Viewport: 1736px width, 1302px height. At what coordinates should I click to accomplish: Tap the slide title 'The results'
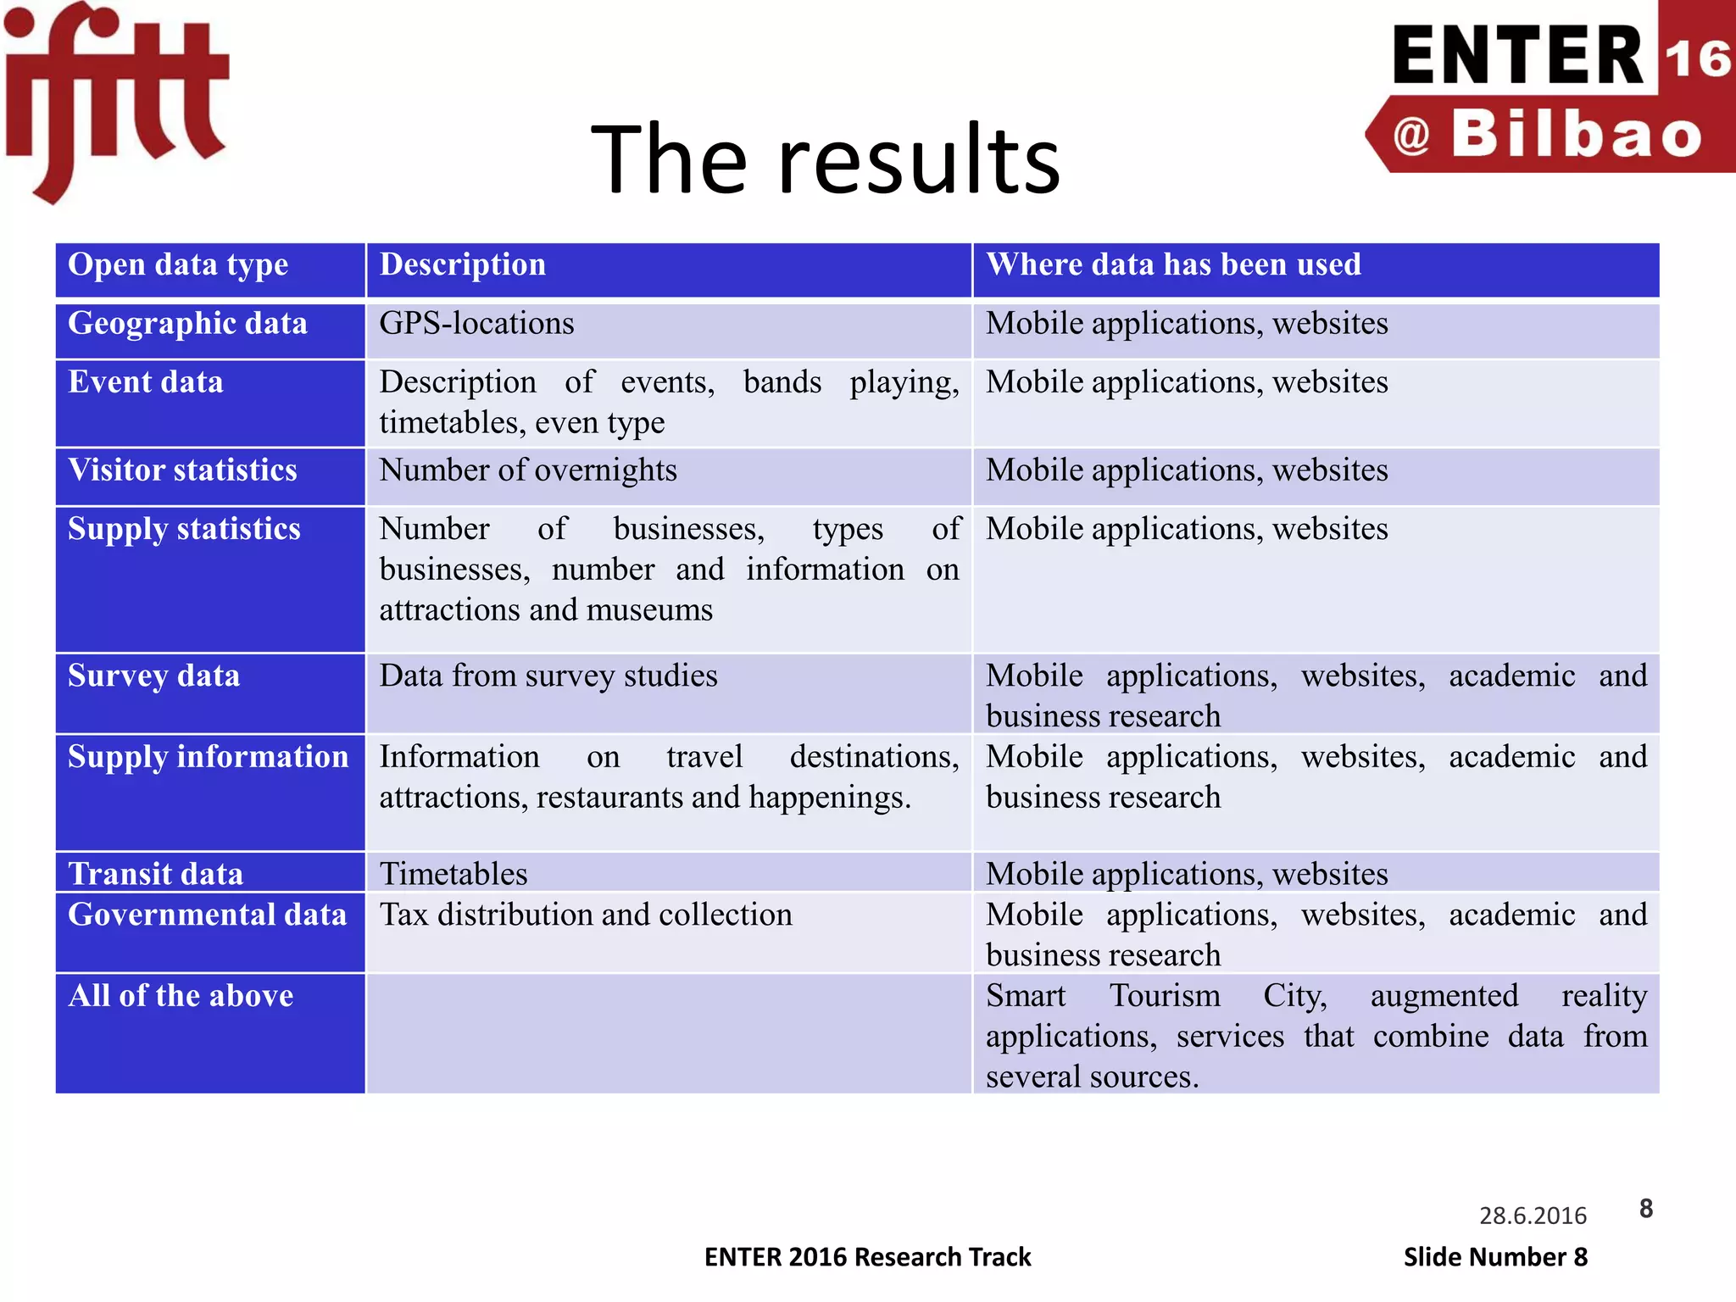coord(825,159)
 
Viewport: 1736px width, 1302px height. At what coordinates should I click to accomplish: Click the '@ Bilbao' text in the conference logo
coord(1548,135)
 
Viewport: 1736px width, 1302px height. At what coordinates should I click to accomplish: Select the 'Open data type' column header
coord(178,265)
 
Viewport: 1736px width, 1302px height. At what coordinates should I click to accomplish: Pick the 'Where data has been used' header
coord(1173,265)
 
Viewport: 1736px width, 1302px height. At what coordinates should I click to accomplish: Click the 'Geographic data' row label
coord(187,324)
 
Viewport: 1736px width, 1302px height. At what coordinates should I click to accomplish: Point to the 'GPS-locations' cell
coord(476,324)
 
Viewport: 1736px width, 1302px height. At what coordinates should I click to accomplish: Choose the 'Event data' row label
coord(146,382)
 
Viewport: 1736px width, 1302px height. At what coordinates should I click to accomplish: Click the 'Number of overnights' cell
coord(527,470)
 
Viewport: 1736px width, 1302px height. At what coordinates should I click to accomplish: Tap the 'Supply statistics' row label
coord(184,529)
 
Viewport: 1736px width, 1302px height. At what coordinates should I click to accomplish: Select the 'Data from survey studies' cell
coord(548,676)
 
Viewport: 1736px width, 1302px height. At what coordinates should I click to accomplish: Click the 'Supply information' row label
coord(208,757)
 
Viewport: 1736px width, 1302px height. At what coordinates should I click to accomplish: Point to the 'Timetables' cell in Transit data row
coord(453,874)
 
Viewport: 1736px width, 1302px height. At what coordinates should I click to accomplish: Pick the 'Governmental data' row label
coord(207,915)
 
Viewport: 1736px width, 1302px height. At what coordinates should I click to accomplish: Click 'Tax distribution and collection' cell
coord(585,915)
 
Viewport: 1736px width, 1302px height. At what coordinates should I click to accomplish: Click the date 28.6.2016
coord(1533,1216)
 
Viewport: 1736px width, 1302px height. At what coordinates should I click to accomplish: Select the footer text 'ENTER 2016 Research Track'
coord(867,1256)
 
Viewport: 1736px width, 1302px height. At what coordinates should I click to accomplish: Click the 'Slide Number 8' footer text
coord(1495,1256)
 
